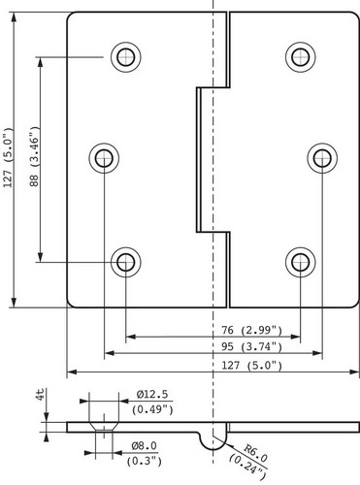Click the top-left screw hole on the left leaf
coord(126,57)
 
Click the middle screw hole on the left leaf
coord(104,158)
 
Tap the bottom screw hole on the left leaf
coord(126,262)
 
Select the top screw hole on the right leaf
coord(301,57)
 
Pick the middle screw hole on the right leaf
coord(322,158)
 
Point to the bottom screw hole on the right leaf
coord(301,262)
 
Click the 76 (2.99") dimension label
coord(251,330)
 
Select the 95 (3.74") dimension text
coord(251,346)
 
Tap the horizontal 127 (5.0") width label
coord(251,366)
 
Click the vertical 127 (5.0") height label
coord(8,157)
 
